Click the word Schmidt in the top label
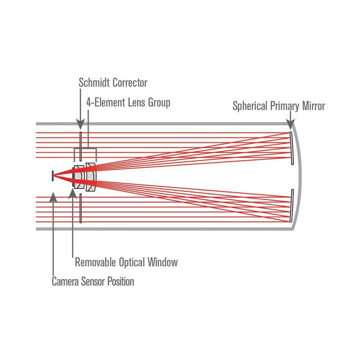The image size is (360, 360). [94, 82]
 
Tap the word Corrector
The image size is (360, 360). [130, 83]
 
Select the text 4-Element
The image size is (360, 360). [106, 103]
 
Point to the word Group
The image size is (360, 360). [159, 103]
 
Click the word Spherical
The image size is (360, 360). [250, 106]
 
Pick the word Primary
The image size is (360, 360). [284, 106]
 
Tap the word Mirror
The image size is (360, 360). [313, 106]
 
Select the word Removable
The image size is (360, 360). [95, 262]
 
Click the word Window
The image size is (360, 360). [162, 262]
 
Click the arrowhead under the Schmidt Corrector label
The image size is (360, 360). [81, 124]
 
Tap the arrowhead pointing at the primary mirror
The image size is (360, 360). [290, 124]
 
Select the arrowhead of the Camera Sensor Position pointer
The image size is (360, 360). [53, 198]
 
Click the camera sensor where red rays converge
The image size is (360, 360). [53, 176]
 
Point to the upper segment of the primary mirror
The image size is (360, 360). [292, 148]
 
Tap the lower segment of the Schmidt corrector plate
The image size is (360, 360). [81, 208]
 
